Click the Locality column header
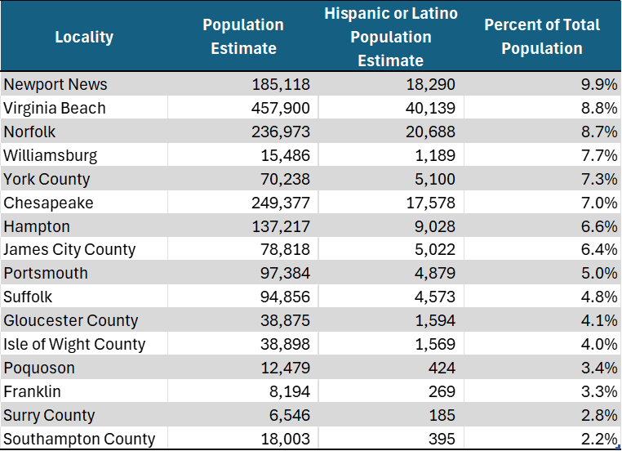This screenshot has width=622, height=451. pos(84,37)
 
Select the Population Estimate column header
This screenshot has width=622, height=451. pos(243,37)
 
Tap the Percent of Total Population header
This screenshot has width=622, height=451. pos(541,37)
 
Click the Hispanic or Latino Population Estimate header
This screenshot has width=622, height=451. pos(391,37)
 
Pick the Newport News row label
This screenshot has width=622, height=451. pos(56,84)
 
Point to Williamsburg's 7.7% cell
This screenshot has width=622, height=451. pos(598,155)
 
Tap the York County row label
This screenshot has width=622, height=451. pos(47,179)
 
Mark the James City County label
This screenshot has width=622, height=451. pos(69,250)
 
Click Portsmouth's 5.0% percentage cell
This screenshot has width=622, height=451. pos(598,273)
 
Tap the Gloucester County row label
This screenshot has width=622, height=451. pos(71,320)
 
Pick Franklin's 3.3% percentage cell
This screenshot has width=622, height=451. pos(598,391)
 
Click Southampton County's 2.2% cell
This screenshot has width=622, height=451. pos(598,439)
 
